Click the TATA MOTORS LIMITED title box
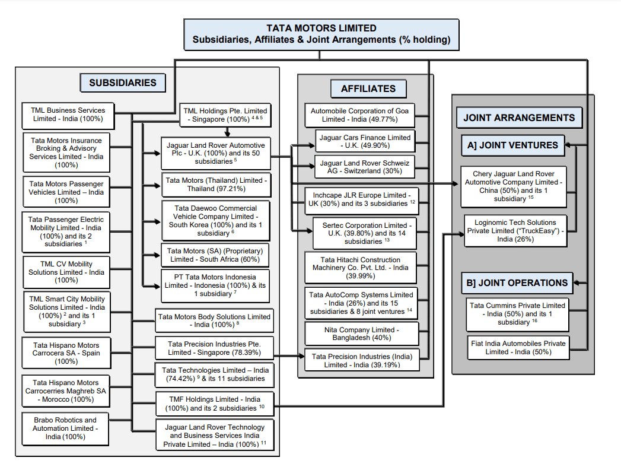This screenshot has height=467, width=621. tap(321, 34)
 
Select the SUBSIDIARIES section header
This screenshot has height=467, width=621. tap(123, 83)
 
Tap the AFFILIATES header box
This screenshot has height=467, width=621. tap(368, 89)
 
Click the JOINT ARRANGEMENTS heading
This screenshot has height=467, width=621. tap(518, 117)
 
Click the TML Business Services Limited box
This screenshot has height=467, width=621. tap(67, 115)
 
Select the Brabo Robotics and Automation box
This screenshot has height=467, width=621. tap(65, 428)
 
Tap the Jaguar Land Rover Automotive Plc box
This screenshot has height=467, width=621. tap(215, 153)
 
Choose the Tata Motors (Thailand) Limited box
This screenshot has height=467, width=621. tap(215, 185)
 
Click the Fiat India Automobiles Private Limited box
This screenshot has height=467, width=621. tap(517, 347)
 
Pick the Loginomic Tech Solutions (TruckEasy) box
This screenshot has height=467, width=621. tap(515, 231)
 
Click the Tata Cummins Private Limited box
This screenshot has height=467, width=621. tap(517, 314)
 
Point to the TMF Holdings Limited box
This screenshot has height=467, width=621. tap(215, 404)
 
